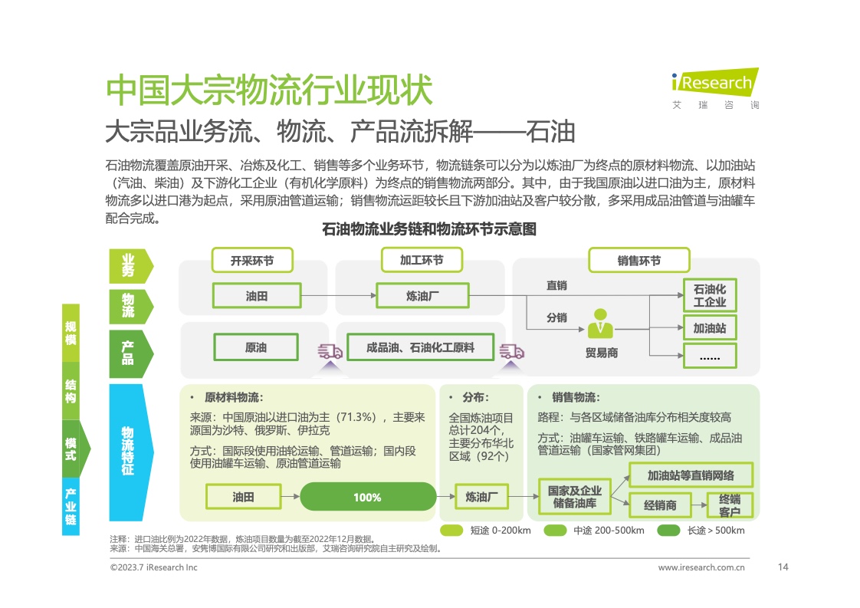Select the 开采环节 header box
click(x=251, y=261)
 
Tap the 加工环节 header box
click(x=422, y=260)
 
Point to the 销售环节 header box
click(x=639, y=261)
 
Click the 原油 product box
click(x=256, y=347)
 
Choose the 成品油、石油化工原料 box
click(x=420, y=347)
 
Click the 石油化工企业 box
click(x=709, y=295)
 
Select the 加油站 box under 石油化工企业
click(x=709, y=328)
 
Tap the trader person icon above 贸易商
click(x=600, y=324)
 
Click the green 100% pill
click(x=366, y=497)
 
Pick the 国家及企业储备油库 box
click(x=575, y=497)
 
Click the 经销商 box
click(x=660, y=505)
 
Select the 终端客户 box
click(x=729, y=505)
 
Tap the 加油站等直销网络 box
click(x=690, y=475)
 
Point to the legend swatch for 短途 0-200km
click(x=451, y=531)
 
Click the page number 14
click(x=783, y=567)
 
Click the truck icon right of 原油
click(x=330, y=352)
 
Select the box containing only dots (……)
click(x=709, y=356)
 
